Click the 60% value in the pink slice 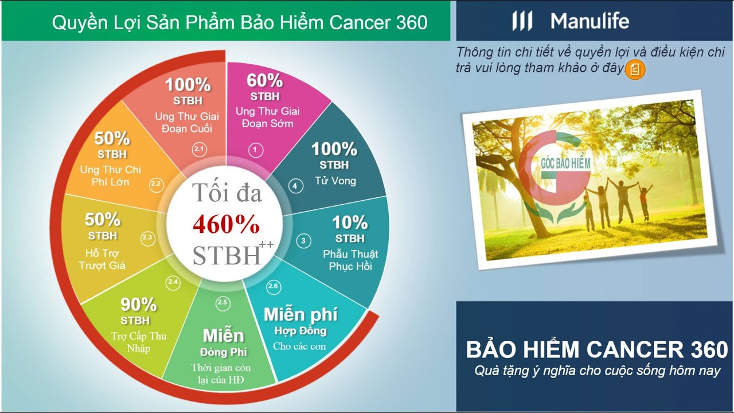pos(264,80)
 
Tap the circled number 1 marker pos(255,150)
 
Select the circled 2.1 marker pos(199,150)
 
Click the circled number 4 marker pos(295,186)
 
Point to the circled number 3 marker pos(303,241)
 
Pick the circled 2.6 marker pos(273,286)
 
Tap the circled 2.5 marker pos(222,302)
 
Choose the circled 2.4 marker pos(173,282)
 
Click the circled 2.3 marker pos(147,237)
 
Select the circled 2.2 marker pos(156,184)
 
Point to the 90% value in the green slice pos(138,304)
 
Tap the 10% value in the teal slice pos(350,222)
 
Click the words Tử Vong pos(335,181)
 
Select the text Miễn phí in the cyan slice pos(300,314)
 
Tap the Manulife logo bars pos(522,22)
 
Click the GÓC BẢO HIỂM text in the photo pos(565,164)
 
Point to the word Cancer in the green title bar pos(362,22)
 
